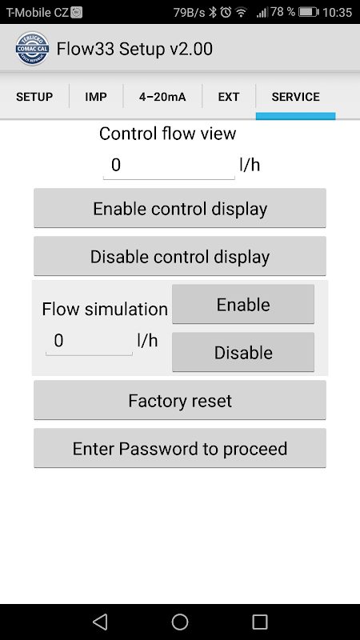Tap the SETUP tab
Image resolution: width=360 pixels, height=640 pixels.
[x=34, y=97]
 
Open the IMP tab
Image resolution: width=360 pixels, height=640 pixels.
[x=96, y=97]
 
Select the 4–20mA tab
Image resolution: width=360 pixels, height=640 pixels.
[x=162, y=97]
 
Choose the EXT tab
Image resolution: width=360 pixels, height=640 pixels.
[x=229, y=97]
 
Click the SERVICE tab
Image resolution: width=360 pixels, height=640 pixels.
[x=295, y=97]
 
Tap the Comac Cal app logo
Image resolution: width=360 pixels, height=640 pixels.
[x=32, y=49]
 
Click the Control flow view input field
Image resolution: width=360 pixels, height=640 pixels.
[x=169, y=166]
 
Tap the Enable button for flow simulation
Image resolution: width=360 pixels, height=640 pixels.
[x=243, y=305]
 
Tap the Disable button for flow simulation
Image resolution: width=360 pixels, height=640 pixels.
[x=243, y=353]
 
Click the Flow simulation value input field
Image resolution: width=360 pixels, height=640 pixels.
[x=89, y=342]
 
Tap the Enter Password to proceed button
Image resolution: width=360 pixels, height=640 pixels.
[x=180, y=449]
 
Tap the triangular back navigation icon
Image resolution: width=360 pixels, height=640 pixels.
[x=100, y=622]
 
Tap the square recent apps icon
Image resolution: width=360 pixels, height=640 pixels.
[x=260, y=622]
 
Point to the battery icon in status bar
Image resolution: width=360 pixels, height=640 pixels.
[x=309, y=12]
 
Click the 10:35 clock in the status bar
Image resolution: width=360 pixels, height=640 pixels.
[x=337, y=12]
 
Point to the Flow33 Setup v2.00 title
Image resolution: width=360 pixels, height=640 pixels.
[x=134, y=49]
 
